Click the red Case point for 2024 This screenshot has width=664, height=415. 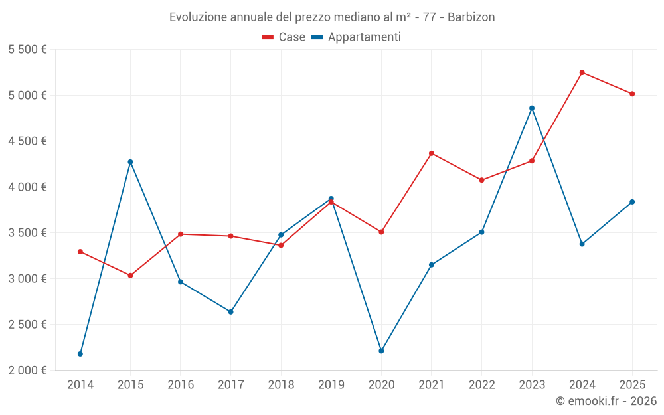582,72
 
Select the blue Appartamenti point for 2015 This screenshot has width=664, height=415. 130,162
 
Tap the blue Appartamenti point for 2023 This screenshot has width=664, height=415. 532,108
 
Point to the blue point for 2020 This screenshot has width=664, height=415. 381,351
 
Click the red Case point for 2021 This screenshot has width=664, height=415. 432,153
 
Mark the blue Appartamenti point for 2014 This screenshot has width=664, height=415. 80,354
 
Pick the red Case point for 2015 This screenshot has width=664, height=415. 130,276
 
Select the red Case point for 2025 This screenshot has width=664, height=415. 632,94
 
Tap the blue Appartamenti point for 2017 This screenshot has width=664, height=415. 230,312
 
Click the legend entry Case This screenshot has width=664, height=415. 284,37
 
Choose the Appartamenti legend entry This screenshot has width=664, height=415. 357,37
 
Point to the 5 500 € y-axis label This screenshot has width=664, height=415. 27,50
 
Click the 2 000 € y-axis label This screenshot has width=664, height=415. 27,371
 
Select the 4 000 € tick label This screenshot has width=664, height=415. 27,187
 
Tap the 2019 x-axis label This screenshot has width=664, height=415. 331,384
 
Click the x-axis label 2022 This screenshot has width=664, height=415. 481,384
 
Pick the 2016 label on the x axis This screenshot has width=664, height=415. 181,384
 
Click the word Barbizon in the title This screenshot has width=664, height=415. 471,17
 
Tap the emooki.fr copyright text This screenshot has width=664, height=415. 606,401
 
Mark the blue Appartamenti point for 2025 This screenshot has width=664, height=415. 632,202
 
